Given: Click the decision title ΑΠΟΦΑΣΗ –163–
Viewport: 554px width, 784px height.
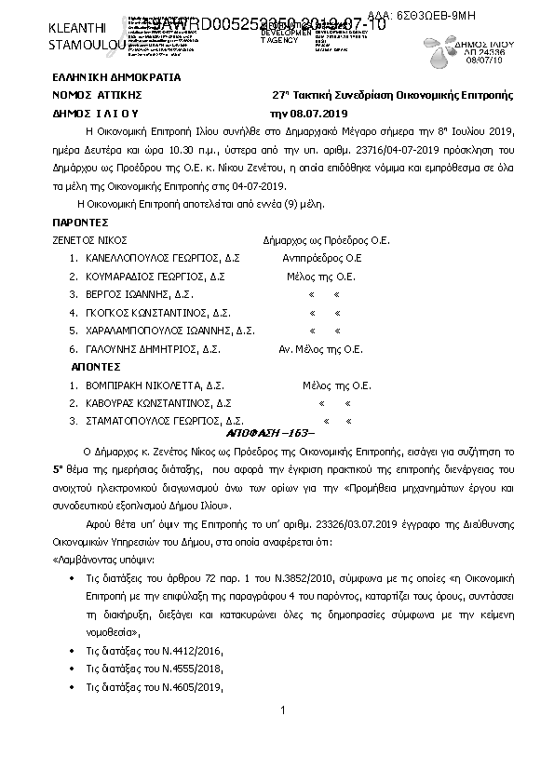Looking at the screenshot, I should click(x=271, y=435).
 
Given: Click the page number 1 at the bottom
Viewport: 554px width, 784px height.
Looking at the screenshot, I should click(x=280, y=711).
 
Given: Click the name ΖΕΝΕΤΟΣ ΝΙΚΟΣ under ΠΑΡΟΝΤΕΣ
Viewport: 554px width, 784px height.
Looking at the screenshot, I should click(x=90, y=240).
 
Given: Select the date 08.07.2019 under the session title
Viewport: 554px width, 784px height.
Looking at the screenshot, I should click(x=320, y=113).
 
